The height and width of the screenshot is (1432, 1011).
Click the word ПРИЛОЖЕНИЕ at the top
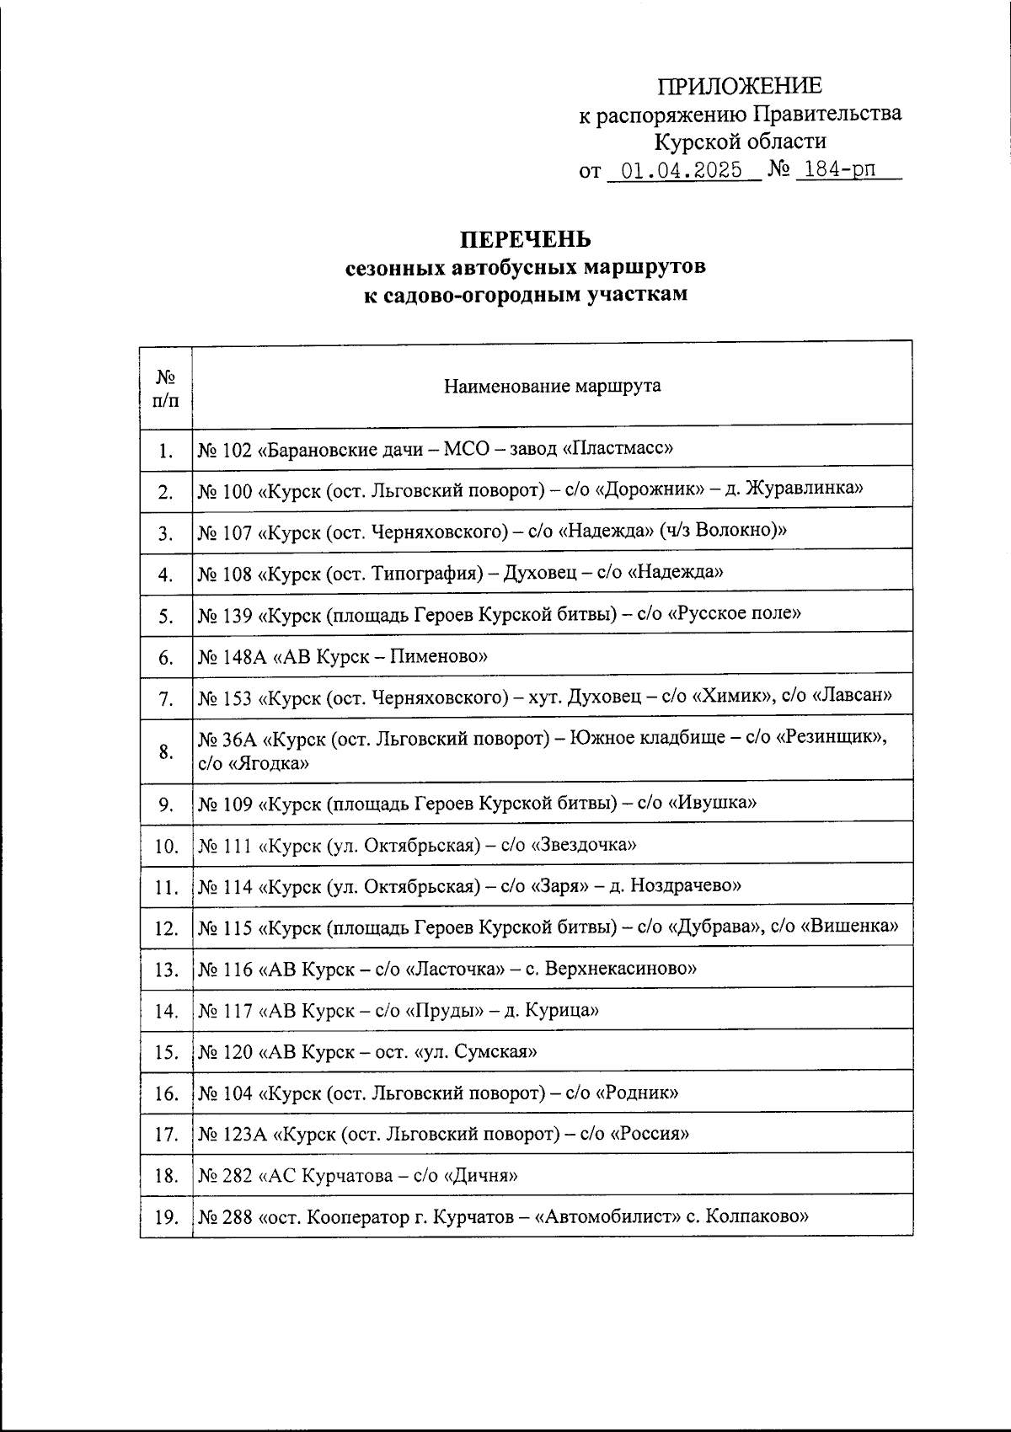pyautogui.click(x=739, y=86)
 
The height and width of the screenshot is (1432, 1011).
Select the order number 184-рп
pyautogui.click(x=840, y=169)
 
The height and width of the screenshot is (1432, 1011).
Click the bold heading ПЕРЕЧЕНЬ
pyautogui.click(x=526, y=240)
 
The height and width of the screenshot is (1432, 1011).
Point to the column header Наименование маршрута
pyautogui.click(x=552, y=387)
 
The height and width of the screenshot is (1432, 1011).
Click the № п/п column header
pyautogui.click(x=166, y=387)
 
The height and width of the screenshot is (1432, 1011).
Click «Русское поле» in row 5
pyautogui.click(x=734, y=613)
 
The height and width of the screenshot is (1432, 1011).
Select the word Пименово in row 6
pyautogui.click(x=437, y=655)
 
